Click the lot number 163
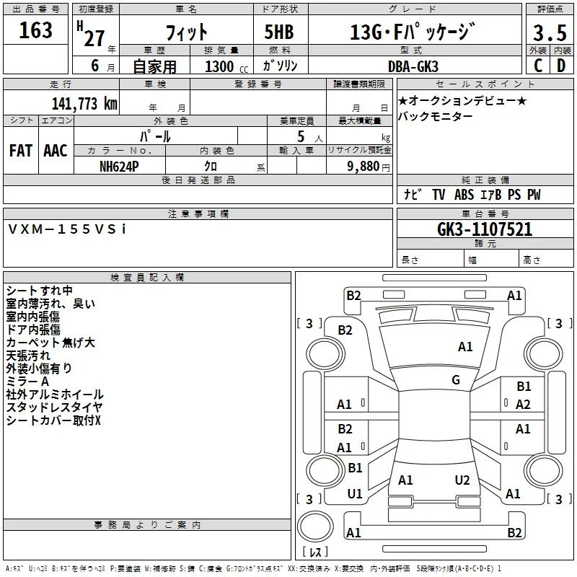(35, 30)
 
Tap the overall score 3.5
(550, 32)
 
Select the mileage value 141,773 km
(84, 104)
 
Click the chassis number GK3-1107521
(485, 229)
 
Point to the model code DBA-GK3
(413, 66)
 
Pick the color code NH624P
(119, 167)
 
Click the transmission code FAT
(21, 151)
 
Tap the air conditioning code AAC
(56, 151)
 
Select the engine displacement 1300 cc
(226, 66)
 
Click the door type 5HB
(279, 32)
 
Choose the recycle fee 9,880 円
(369, 167)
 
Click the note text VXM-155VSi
(67, 229)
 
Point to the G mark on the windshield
(456, 379)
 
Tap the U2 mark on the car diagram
(462, 480)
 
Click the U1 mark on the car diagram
(355, 494)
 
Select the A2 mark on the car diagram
(523, 405)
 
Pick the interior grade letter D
(561, 66)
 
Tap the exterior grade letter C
(538, 66)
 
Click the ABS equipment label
(464, 195)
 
